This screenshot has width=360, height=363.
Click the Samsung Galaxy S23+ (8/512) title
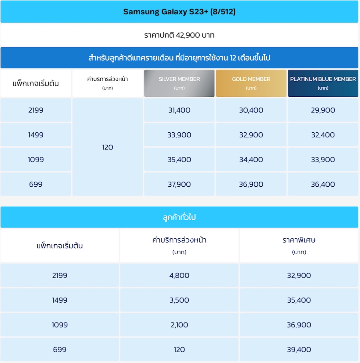[179, 12]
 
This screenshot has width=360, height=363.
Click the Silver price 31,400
[179, 110]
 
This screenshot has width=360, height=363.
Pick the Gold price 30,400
[251, 110]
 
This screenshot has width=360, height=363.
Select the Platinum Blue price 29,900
[323, 110]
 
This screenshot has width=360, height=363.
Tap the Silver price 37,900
[179, 184]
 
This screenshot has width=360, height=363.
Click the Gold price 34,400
[251, 160]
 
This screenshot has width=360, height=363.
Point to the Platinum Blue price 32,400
[323, 135]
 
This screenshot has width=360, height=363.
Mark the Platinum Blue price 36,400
[323, 184]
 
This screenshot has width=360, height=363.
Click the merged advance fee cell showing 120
[108, 147]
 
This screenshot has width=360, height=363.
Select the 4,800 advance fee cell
[179, 275]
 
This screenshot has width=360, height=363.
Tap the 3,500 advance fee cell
[179, 300]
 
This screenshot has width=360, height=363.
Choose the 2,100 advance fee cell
[179, 325]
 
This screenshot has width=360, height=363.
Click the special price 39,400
[299, 350]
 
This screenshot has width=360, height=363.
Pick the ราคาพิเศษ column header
[299, 241]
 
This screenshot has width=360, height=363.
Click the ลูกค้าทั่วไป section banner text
[179, 218]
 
